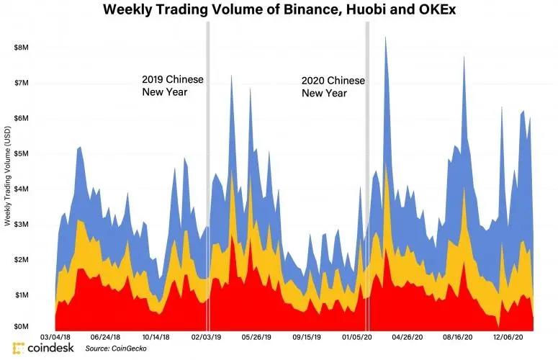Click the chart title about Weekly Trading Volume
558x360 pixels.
(x=279, y=10)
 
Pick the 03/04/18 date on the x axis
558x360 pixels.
(x=55, y=337)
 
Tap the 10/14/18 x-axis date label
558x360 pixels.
(x=156, y=337)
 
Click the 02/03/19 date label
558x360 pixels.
(x=207, y=337)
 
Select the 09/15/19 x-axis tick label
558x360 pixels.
(x=307, y=337)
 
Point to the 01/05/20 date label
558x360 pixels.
(x=357, y=337)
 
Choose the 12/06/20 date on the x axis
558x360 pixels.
(x=508, y=337)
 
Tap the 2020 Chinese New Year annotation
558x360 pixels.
(x=333, y=86)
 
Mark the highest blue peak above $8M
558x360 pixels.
(x=386, y=37)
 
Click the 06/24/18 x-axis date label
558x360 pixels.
(x=106, y=337)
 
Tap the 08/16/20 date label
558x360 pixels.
(x=457, y=337)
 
